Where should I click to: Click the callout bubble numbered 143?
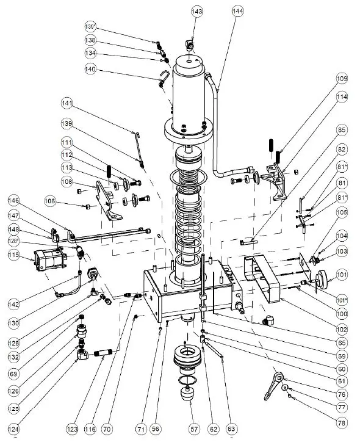click(196, 12)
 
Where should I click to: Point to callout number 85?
click(341, 130)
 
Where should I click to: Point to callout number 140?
click(90, 70)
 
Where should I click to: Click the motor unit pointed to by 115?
click(48, 260)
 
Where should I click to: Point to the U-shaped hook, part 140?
click(164, 78)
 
